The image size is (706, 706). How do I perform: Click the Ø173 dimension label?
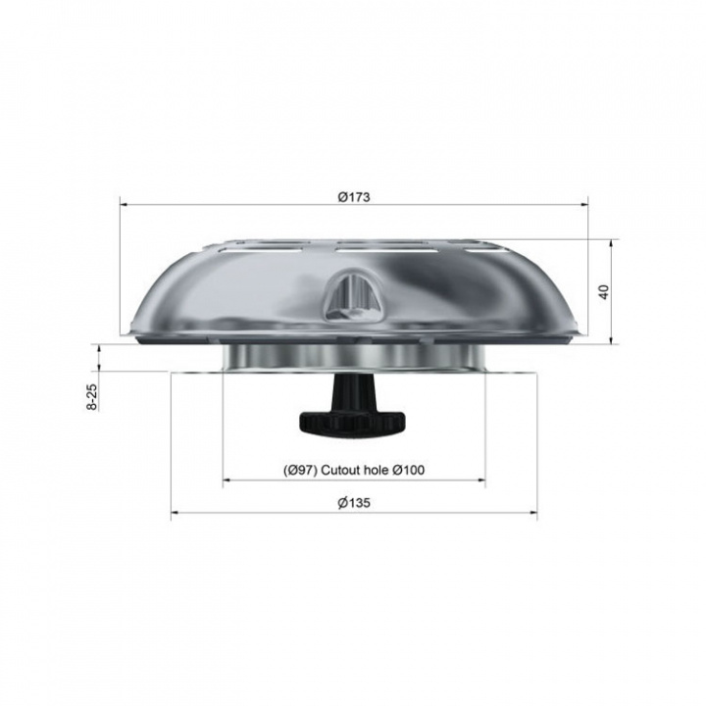(x=354, y=197)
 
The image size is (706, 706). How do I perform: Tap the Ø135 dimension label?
(x=354, y=502)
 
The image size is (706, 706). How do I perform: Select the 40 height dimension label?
(x=604, y=292)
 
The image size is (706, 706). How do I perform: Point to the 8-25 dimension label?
(x=91, y=397)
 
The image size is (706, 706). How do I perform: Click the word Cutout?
(x=340, y=470)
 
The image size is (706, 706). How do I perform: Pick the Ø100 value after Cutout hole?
(x=408, y=470)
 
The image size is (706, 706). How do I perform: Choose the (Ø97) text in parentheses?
(x=300, y=470)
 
